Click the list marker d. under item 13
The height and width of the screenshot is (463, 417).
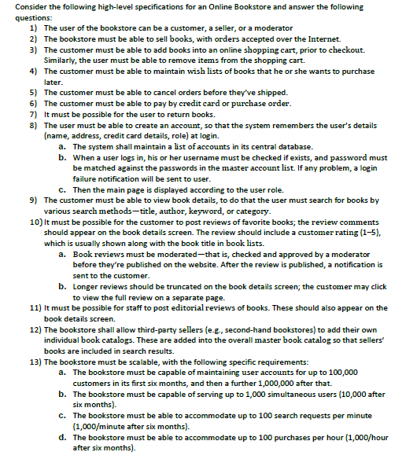62,437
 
